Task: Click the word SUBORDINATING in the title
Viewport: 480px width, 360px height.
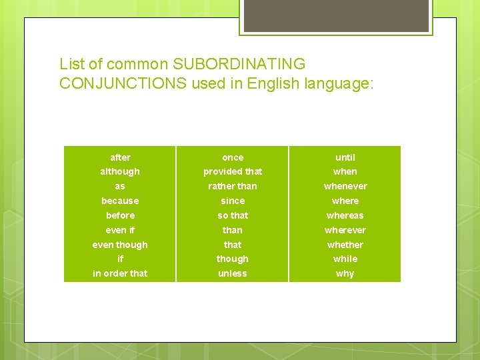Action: [239, 65]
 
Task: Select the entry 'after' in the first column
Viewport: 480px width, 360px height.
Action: [120, 157]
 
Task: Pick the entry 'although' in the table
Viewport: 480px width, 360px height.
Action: [120, 172]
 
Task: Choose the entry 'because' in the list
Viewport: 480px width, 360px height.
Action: [120, 201]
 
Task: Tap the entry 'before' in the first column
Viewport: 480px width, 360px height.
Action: [120, 215]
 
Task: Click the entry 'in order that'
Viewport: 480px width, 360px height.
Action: [120, 273]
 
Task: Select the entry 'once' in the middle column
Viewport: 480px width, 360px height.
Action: [233, 157]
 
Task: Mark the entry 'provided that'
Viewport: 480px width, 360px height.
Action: [233, 172]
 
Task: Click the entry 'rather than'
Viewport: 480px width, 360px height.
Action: [233, 186]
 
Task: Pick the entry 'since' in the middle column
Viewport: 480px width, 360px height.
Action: [233, 201]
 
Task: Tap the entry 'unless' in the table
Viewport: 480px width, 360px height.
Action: [233, 273]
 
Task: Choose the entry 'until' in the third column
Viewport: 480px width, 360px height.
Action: [345, 157]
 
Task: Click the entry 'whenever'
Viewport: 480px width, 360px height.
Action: [345, 186]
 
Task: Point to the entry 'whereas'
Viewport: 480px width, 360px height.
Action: [345, 215]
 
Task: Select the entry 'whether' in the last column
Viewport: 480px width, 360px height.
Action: [345, 245]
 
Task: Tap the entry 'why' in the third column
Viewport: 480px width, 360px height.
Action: [345, 273]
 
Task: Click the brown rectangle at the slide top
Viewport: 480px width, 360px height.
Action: [335, 15]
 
